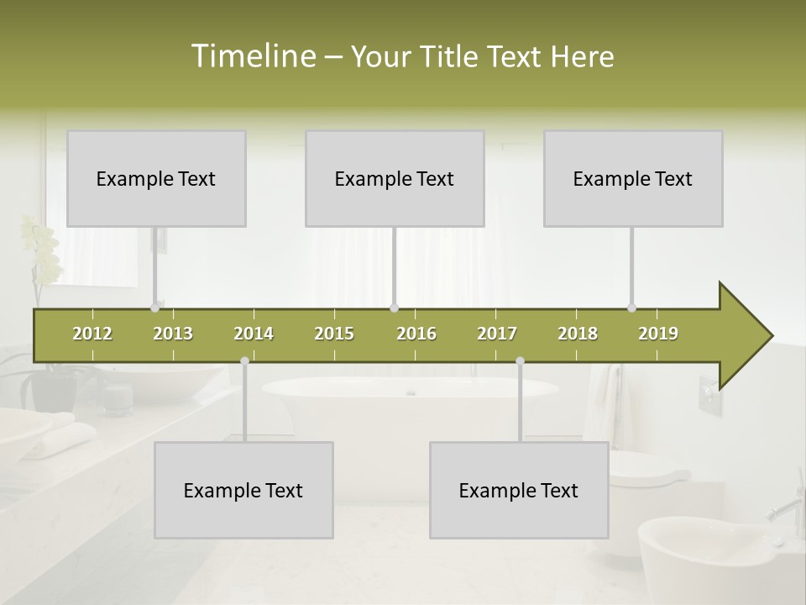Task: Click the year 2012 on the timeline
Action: point(92,334)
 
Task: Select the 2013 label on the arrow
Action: point(173,334)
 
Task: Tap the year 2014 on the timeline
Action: point(254,334)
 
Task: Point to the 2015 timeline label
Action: point(334,334)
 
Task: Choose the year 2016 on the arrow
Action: point(416,334)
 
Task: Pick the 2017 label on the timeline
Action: point(497,334)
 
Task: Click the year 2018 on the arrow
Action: point(578,334)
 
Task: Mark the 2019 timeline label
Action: point(658,334)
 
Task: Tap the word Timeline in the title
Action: point(252,56)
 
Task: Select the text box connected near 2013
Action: point(156,178)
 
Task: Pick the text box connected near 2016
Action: point(395,178)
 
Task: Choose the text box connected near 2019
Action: point(633,178)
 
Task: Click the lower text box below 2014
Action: point(243,490)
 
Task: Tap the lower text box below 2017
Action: point(519,490)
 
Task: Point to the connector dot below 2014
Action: point(244,360)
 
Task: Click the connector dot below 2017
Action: point(520,360)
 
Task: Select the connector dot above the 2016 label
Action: point(394,308)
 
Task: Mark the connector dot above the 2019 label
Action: point(631,308)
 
